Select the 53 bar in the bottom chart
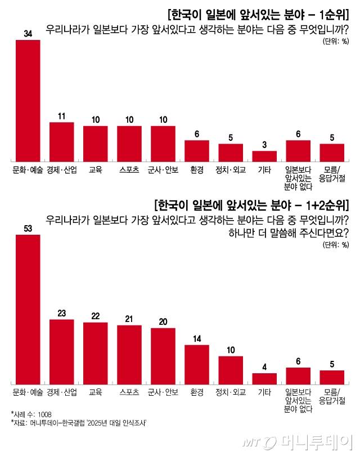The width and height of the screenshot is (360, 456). [x=28, y=309]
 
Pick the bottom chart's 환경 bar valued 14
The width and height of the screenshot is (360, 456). [x=197, y=364]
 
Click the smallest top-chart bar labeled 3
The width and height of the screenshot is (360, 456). [x=264, y=155]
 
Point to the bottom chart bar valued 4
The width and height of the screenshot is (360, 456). [x=264, y=378]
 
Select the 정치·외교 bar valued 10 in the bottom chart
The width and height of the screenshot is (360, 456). [x=231, y=369]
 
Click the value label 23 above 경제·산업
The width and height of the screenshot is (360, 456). [x=61, y=313]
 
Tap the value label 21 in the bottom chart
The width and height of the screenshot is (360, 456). [x=129, y=319]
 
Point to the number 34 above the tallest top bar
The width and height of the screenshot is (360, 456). [x=28, y=34]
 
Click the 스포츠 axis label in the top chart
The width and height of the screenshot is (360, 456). [x=129, y=169]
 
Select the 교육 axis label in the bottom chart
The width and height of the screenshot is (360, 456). [x=95, y=391]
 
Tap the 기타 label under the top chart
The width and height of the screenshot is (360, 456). [x=264, y=169]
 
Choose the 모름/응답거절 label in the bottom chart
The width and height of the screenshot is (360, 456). [x=332, y=395]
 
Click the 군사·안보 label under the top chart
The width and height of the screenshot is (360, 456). [x=163, y=169]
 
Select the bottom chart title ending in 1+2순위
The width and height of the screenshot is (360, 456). [x=251, y=204]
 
